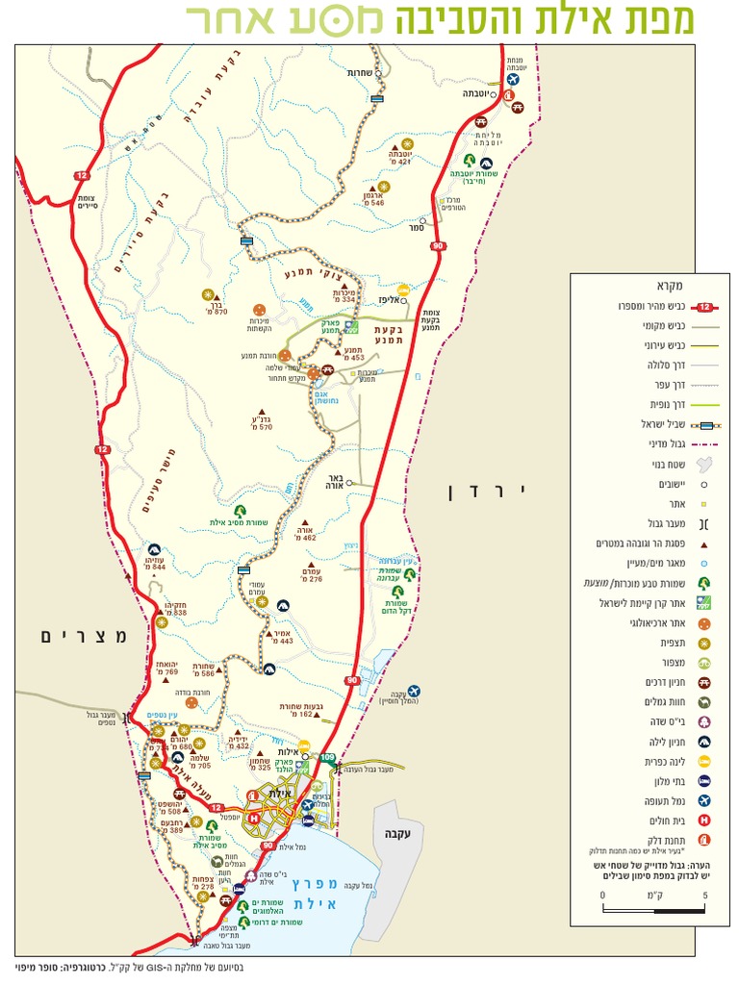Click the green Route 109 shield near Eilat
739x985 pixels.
coord(329,759)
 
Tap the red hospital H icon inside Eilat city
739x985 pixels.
coord(254,819)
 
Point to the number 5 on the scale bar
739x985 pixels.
coord(705,895)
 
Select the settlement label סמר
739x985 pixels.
coord(416,228)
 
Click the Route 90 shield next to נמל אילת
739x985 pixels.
coord(267,845)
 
